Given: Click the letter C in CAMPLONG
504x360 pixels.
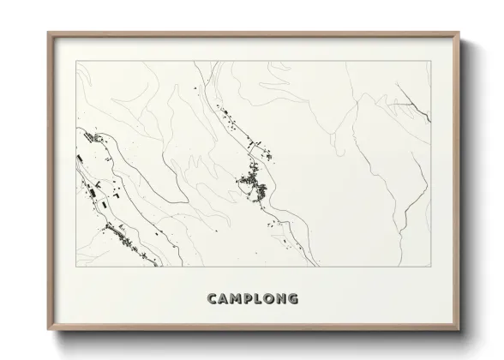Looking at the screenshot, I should coord(213,299).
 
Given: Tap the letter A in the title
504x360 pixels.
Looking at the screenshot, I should coord(225,299).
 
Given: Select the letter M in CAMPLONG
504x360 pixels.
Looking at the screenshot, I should coord(238,299).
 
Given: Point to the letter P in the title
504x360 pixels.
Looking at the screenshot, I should coord(251,299).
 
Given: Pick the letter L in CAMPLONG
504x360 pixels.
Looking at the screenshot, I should coord(262,299).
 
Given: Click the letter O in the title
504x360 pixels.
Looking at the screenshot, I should coord(273,299).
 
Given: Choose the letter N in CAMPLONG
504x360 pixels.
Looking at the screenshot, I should coord(286,299).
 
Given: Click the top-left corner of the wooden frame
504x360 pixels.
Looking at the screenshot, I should coord(47,33).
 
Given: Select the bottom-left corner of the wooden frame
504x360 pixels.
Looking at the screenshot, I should coord(47,328).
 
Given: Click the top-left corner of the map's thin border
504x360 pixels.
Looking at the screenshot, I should coord(76,61).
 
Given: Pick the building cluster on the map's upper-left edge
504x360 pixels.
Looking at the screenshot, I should coord(88,137).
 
